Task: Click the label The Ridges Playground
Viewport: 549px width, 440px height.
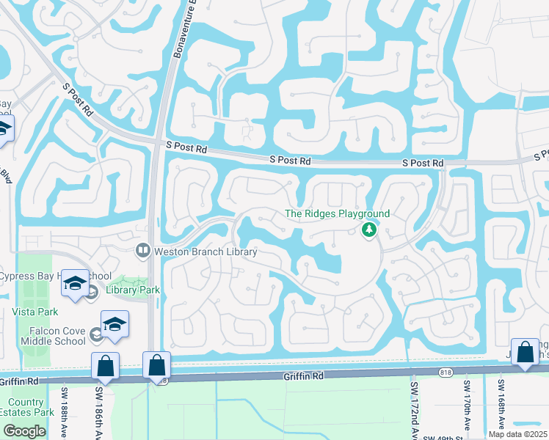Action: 337,213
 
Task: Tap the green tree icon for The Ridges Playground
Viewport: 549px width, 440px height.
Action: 369,230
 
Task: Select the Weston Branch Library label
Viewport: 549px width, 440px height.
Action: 205,252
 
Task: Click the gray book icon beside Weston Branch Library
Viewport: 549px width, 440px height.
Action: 143,251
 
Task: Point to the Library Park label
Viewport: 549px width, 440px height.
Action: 132,290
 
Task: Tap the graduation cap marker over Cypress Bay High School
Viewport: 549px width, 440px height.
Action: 75,283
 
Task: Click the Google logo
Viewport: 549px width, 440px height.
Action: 24,431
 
